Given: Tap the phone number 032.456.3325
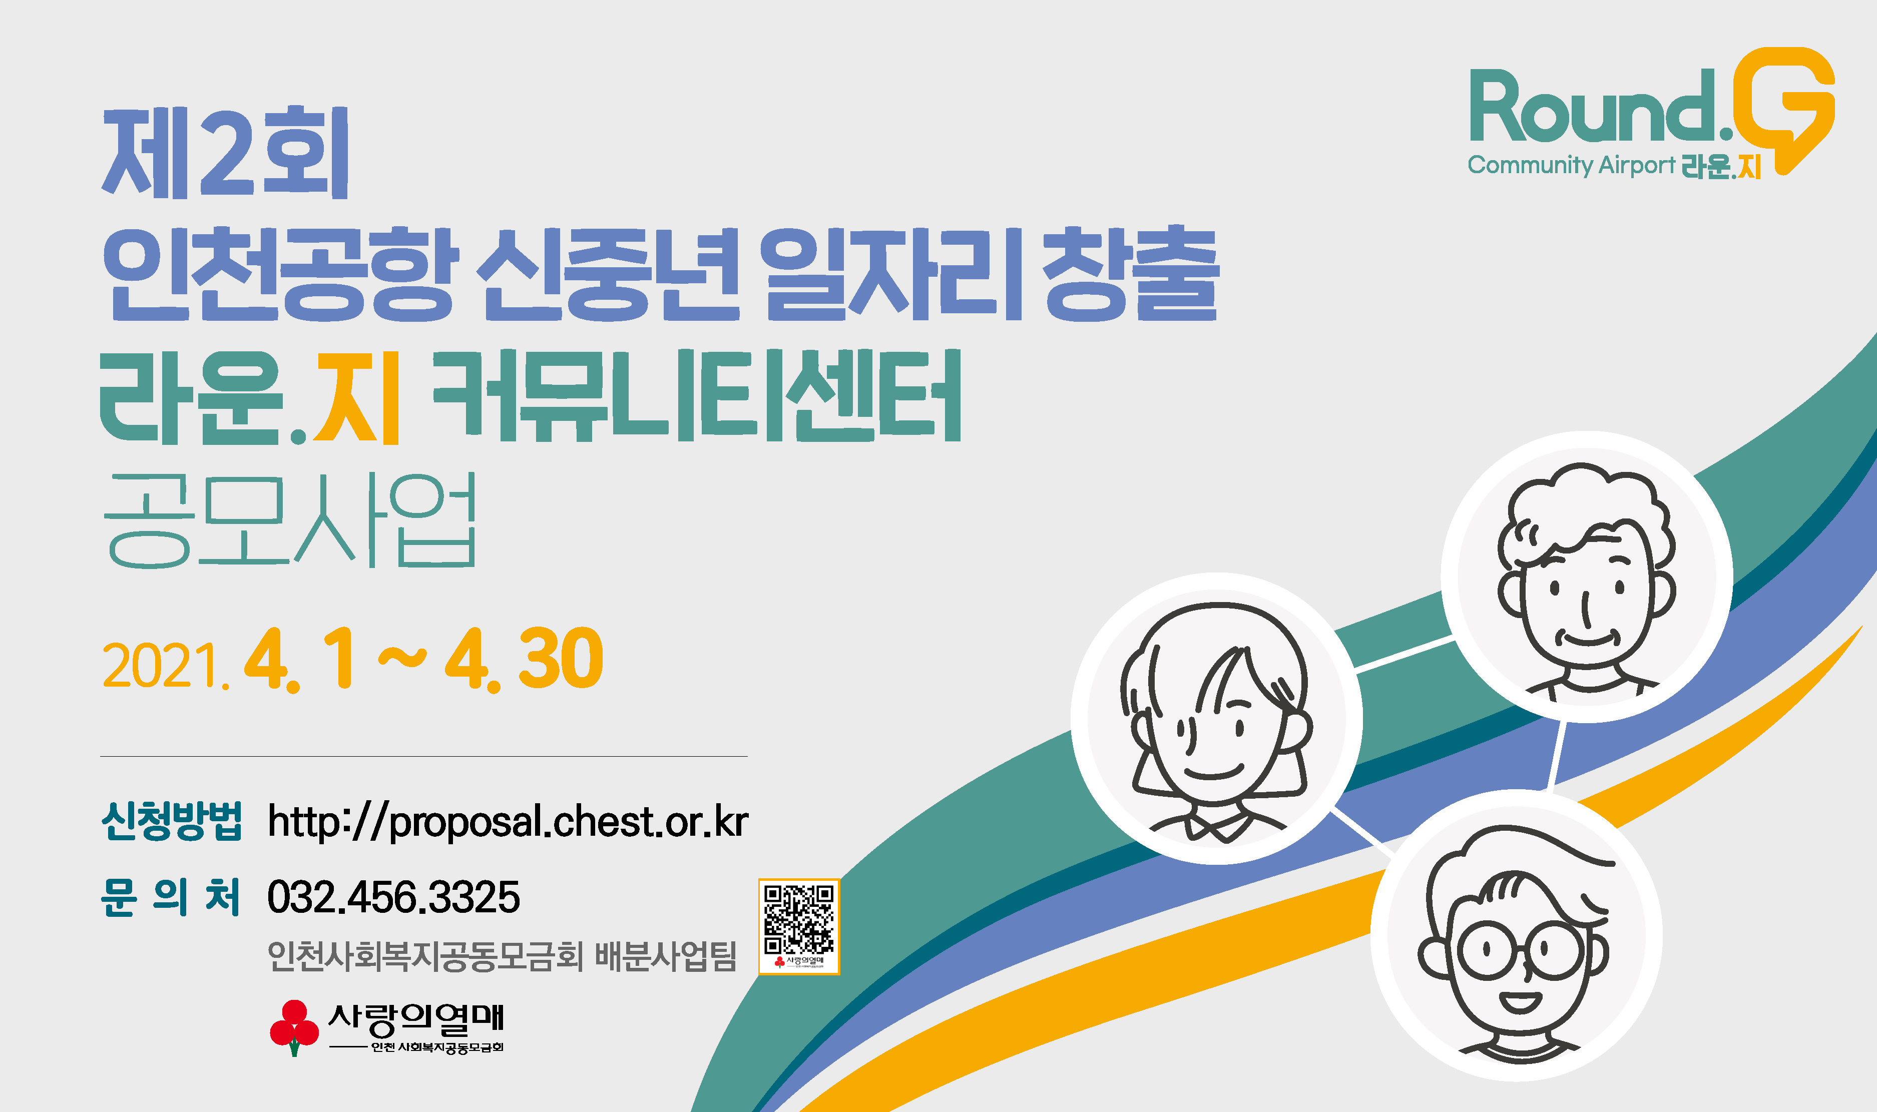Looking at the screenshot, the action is tap(393, 897).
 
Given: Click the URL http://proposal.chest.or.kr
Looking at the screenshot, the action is tap(508, 822).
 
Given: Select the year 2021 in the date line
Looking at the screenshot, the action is tap(162, 665).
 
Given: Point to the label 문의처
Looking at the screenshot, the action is tap(170, 897).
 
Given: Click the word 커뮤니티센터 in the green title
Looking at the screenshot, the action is tap(697, 397).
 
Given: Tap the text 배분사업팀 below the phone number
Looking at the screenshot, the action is tap(665, 957).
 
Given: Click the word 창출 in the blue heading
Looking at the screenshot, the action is tap(1131, 274).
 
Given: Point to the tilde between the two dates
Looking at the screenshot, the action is tap(402, 659).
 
